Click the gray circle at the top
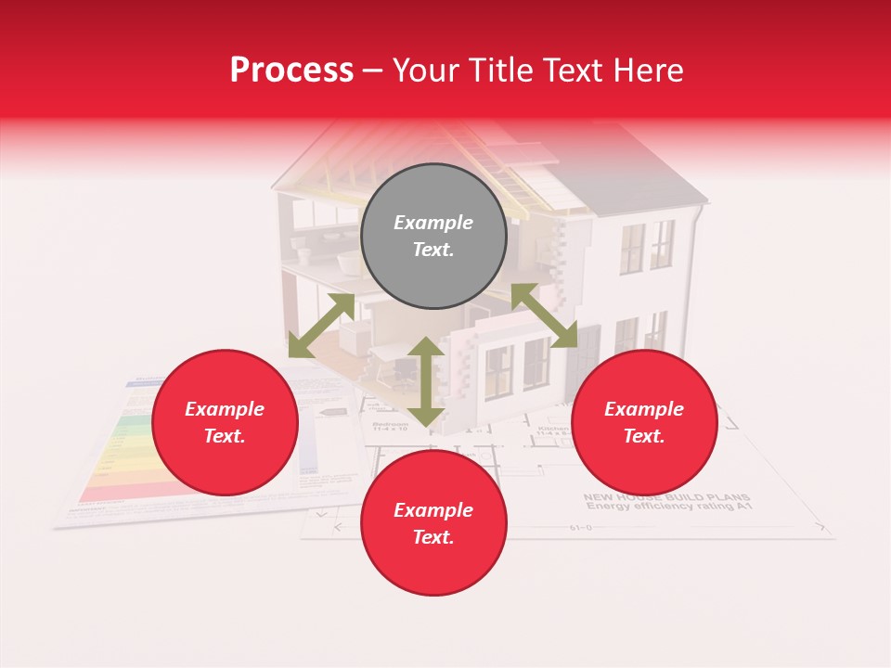tap(433, 237)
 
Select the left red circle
tap(225, 423)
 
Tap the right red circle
tap(644, 423)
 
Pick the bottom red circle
tap(433, 523)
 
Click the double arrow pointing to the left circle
tap(321, 326)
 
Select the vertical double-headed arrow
tap(426, 381)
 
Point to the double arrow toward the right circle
tap(545, 315)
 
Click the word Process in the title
tap(291, 70)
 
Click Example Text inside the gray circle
tap(433, 237)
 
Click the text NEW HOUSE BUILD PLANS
tap(665, 497)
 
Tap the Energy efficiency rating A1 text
tap(665, 507)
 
